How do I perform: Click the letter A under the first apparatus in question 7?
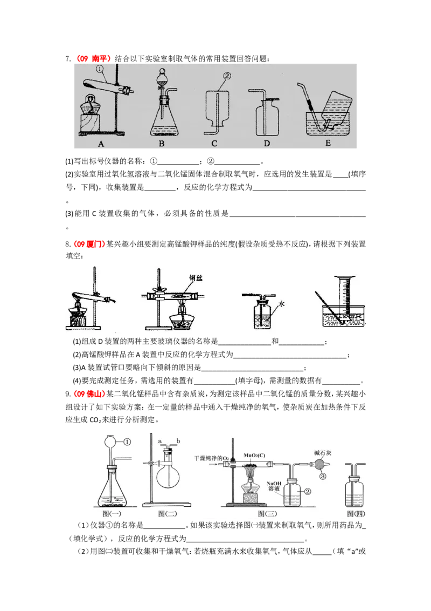(101, 144)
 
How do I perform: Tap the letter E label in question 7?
(328, 143)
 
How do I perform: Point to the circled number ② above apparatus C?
(227, 76)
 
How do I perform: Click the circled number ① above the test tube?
(100, 70)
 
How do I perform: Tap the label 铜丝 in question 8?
(196, 278)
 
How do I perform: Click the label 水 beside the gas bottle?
(282, 303)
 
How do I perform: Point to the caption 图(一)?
(112, 514)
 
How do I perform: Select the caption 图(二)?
(168, 514)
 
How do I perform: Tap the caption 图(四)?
(356, 514)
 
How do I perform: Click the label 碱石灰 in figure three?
(323, 453)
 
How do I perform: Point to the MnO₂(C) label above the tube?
(254, 455)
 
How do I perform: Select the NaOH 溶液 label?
(274, 486)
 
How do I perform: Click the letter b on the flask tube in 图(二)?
(178, 441)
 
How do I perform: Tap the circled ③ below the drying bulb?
(323, 476)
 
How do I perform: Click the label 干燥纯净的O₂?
(212, 458)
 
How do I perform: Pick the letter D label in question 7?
(267, 144)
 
